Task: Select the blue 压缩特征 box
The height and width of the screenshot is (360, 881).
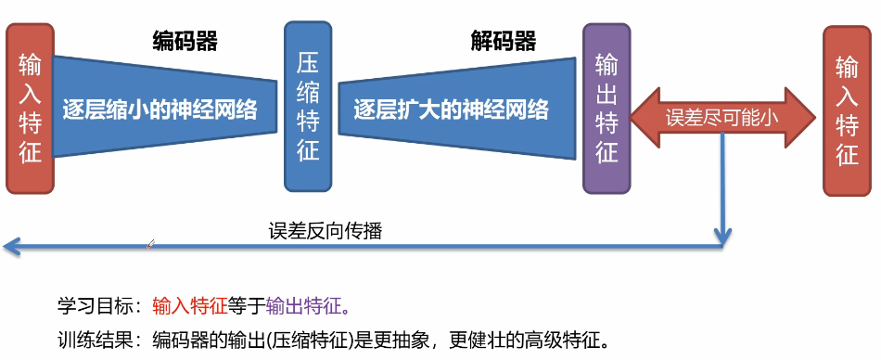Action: (x=307, y=106)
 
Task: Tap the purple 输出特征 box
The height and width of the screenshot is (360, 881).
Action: (x=606, y=109)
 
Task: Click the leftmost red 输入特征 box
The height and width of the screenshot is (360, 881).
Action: (x=30, y=109)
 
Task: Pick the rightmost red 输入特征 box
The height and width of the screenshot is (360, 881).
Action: (x=847, y=110)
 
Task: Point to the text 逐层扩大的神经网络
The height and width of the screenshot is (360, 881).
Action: (x=451, y=110)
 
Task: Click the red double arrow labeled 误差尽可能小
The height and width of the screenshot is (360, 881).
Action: (x=721, y=118)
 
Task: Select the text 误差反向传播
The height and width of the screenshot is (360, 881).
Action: (x=325, y=231)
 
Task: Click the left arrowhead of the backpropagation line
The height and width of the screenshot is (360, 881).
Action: (x=9, y=246)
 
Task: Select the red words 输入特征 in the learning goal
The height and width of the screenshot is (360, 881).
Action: (x=189, y=305)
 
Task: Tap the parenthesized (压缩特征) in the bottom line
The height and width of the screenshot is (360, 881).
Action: (x=305, y=336)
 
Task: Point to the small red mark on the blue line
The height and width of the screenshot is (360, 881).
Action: (x=149, y=244)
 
